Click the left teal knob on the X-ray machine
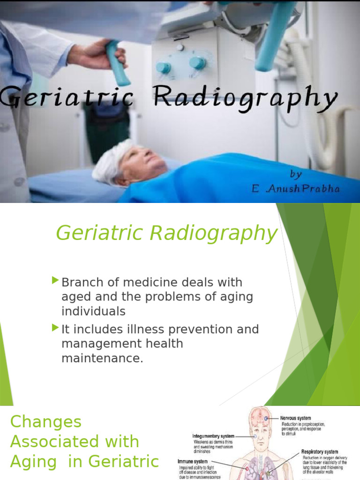tap(164, 68)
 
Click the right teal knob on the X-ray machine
tap(197, 63)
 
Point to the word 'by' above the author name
tap(296, 174)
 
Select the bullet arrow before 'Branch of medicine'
tap(56, 281)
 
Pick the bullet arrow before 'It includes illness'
tap(56, 327)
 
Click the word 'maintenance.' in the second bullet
tap(102, 359)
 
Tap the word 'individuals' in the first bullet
tap(93, 311)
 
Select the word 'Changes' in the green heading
tap(45, 421)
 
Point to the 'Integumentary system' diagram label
tap(213, 436)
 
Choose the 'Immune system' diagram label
tap(192, 462)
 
